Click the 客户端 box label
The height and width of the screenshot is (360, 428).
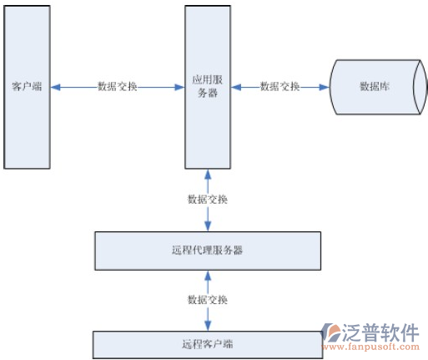coord(27,86)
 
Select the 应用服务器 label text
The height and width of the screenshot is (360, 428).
coord(208,86)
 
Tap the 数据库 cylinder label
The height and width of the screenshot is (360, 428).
coord(375,86)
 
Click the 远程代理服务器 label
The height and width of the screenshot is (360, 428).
coord(207,250)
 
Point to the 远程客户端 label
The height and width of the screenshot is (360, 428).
coord(208,344)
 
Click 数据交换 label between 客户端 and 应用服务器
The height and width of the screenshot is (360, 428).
coord(117,86)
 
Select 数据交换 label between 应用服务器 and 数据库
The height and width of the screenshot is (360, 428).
coord(279,86)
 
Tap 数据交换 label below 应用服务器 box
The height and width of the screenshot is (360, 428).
coord(208,200)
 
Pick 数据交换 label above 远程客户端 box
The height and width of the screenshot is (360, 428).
coord(208,300)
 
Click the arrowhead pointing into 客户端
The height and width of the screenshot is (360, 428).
coord(55,88)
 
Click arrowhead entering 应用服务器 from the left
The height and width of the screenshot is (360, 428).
coord(179,88)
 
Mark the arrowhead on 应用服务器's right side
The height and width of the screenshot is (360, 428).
coord(236,88)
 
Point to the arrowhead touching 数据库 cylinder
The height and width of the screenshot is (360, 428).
coord(324,88)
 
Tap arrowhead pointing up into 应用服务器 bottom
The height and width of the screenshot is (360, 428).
coord(208,175)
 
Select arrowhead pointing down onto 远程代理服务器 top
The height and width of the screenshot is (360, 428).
coord(208,226)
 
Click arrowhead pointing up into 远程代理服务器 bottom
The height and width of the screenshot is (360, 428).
coord(208,276)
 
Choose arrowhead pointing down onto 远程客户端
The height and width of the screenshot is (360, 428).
coord(208,326)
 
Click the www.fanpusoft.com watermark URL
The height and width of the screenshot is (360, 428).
coord(370,347)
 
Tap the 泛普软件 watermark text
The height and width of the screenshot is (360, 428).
coord(380,332)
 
